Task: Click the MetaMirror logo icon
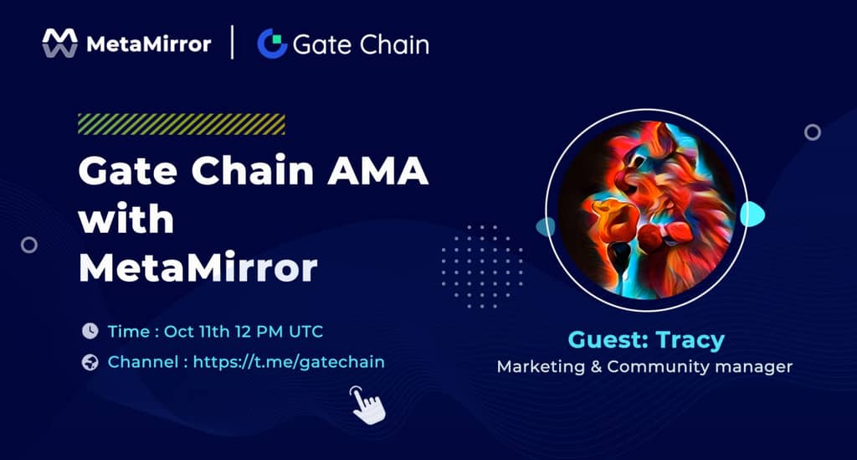[x=59, y=44]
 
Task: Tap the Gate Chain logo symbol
[x=272, y=44]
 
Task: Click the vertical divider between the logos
[x=233, y=42]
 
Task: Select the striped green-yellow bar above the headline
[x=182, y=124]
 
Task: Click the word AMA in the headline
[x=377, y=171]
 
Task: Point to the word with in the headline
[x=126, y=219]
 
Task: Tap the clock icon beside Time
[x=90, y=331]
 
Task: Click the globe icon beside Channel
[x=90, y=362]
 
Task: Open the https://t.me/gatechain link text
[x=289, y=362]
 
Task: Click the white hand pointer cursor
[x=368, y=405]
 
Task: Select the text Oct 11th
[x=197, y=332]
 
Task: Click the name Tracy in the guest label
[x=690, y=341]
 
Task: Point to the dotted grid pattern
[x=482, y=266]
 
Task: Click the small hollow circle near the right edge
[x=812, y=132]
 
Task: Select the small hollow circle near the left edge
[x=29, y=245]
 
